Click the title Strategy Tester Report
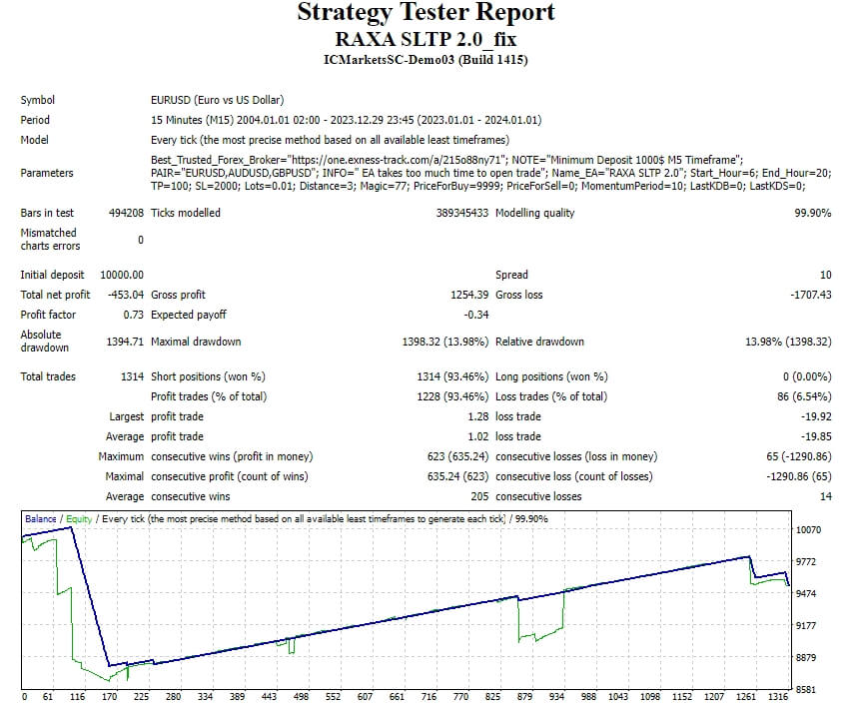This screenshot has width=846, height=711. pos(425,13)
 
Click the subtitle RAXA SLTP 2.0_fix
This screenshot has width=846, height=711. pos(425,39)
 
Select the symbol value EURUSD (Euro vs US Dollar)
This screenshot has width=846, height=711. pos(217,100)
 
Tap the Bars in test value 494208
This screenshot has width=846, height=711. pos(126,213)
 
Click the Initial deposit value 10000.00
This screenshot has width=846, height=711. pos(122,275)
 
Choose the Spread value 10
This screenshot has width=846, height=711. pos(825,275)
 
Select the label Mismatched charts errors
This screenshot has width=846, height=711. pos(50,240)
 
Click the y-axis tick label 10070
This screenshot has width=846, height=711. pos(809,530)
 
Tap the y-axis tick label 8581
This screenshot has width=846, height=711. pos(807,690)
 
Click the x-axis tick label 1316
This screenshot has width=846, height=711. pos(779,697)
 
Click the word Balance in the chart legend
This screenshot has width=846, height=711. pos(41,519)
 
